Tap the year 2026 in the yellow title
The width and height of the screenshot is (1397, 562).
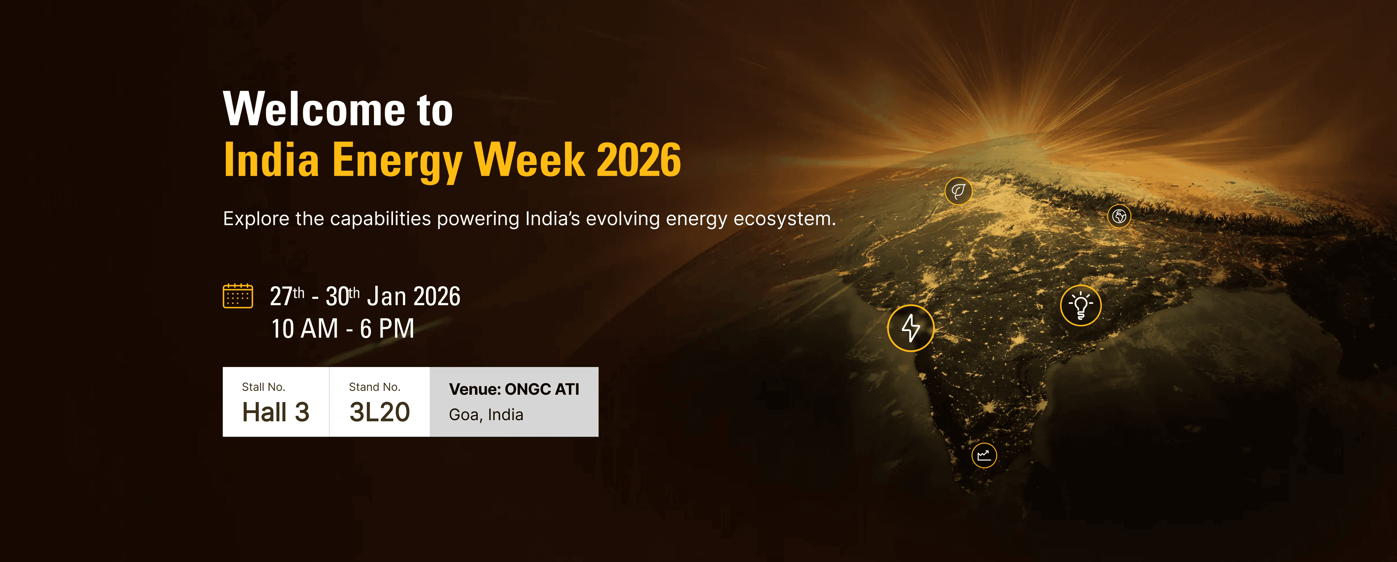[x=638, y=160]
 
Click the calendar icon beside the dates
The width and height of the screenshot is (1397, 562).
[x=238, y=296]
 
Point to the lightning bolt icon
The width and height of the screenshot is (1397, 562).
[x=911, y=328]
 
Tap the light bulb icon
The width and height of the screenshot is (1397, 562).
[x=1080, y=306]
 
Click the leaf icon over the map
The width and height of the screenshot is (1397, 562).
[x=958, y=191]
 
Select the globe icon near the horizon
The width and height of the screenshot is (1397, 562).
[x=1119, y=216]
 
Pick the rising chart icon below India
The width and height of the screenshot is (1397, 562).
[x=984, y=455]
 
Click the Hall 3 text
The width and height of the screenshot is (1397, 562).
[x=275, y=412]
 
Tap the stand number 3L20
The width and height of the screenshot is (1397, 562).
[x=379, y=412]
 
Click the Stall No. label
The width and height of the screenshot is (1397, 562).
[x=263, y=387]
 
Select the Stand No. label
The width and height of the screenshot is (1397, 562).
[x=374, y=387]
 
